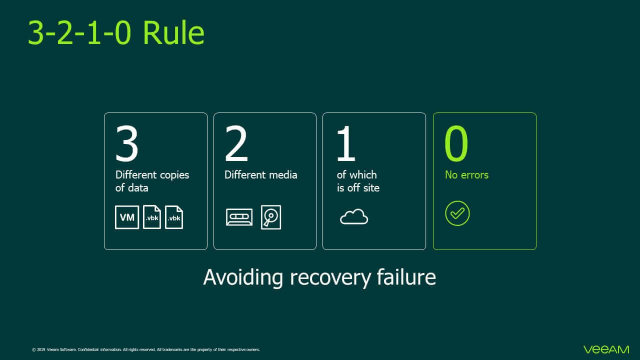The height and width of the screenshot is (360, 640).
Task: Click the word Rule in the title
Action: point(173,32)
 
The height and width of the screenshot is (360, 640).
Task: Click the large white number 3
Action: point(127,143)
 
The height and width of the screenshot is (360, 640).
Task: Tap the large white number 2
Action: point(236,143)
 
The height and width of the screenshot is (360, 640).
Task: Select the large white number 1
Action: point(346,143)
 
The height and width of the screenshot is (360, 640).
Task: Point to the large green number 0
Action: point(456,143)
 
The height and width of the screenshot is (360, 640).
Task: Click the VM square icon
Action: point(127,217)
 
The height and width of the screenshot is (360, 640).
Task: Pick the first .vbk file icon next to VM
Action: point(151,217)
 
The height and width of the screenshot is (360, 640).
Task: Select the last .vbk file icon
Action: point(174,217)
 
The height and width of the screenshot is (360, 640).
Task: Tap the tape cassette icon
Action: point(239,217)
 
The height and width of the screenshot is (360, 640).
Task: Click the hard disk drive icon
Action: point(271,217)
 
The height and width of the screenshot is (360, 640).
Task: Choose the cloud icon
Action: point(354,216)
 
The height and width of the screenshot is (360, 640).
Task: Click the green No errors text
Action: point(466,175)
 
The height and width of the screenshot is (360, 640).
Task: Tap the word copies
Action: point(174,175)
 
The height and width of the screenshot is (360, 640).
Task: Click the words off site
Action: point(363,187)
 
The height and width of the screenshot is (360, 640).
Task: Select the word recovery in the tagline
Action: point(330,277)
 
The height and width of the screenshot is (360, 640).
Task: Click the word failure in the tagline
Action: point(406,276)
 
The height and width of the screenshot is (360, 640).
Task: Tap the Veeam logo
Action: point(606,349)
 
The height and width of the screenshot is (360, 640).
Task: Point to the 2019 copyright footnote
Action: point(146,349)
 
